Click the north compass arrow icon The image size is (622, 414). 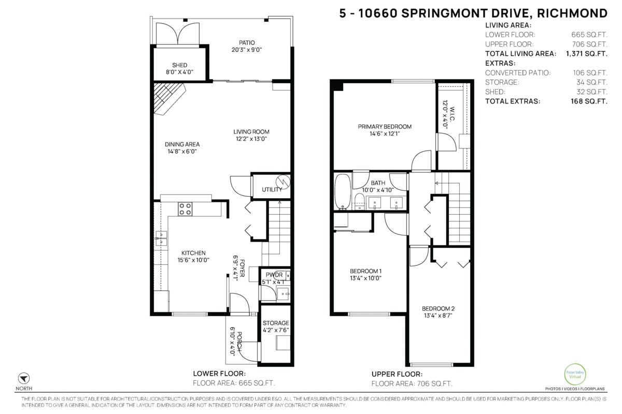click(x=24, y=378)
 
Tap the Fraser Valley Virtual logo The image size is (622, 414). click(x=575, y=374)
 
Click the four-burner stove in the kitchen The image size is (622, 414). click(x=185, y=209)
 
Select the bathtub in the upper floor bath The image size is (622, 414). click(x=343, y=191)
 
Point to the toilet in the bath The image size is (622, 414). click(x=360, y=202)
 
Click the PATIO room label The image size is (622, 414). click(x=247, y=43)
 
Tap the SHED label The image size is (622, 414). click(x=179, y=65)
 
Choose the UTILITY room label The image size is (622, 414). click(x=272, y=189)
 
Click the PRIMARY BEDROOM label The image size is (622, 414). click(x=385, y=127)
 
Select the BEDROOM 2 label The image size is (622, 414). click(x=438, y=308)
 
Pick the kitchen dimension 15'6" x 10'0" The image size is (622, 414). click(x=193, y=260)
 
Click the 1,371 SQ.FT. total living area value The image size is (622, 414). click(x=587, y=53)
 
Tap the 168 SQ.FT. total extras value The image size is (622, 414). click(x=589, y=101)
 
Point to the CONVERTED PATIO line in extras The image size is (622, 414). click(x=546, y=72)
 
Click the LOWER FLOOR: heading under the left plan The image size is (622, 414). click(x=219, y=374)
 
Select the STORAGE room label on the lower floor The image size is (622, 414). click(x=276, y=323)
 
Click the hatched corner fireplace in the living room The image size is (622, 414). click(x=169, y=98)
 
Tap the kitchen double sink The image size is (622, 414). click(x=161, y=239)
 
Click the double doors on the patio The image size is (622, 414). click(x=178, y=34)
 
